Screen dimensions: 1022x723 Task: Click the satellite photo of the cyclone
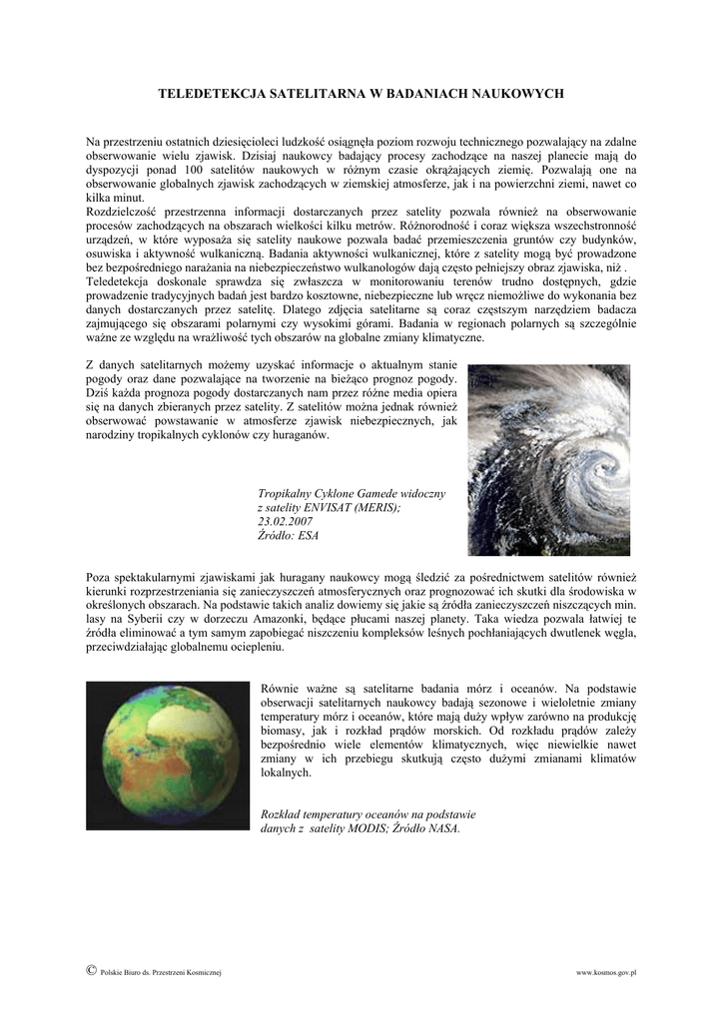(548, 459)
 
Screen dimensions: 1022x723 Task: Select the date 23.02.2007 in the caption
(285, 522)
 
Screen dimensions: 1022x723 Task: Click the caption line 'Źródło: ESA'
(288, 536)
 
